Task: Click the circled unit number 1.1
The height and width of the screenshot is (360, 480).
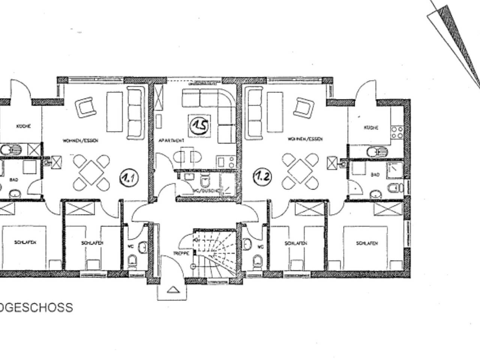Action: tap(129, 178)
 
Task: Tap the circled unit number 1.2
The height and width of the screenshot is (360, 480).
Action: tap(262, 176)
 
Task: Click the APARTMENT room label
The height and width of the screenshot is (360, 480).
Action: tap(171, 141)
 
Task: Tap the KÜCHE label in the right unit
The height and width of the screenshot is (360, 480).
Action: tap(371, 128)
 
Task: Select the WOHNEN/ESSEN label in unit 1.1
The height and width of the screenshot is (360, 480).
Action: tap(80, 141)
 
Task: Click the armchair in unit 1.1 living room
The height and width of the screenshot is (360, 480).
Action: tap(85, 107)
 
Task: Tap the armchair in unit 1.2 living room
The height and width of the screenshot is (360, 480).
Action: tap(303, 107)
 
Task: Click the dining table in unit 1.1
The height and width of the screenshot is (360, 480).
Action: tap(91, 172)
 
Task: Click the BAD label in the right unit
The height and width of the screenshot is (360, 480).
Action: tap(375, 175)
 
